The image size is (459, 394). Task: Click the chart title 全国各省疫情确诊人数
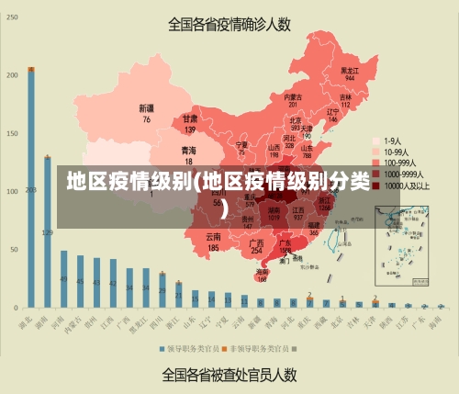[229, 24]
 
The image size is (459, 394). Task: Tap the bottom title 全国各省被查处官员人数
[229, 375]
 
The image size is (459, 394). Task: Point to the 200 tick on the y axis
[12, 75]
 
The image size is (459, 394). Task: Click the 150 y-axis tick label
[12, 133]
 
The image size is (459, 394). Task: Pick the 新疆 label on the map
[146, 113]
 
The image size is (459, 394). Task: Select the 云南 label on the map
[213, 242]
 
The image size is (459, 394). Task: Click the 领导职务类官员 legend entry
[192, 349]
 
